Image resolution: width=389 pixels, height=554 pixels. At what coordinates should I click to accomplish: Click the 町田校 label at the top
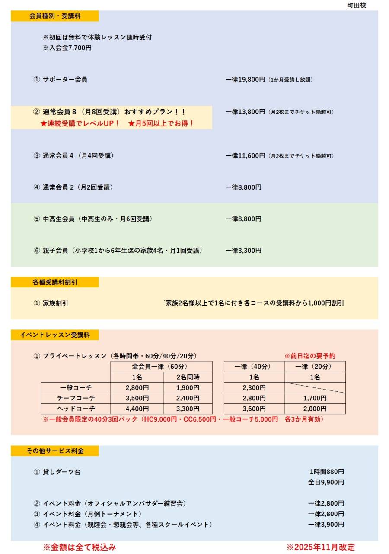pos(357,6)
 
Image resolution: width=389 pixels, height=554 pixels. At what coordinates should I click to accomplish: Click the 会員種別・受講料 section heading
pos(55,16)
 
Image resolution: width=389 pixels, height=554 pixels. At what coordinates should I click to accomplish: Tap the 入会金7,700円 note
pos(67,48)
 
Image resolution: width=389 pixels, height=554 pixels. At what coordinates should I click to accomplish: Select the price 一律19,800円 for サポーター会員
pos(245,80)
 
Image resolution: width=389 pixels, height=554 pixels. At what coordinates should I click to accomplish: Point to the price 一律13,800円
pos(245,112)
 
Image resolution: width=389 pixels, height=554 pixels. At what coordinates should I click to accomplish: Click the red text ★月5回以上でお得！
pos(161,124)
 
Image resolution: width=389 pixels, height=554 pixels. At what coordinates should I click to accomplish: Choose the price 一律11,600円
pos(245,156)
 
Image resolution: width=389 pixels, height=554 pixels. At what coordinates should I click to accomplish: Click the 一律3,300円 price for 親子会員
pos(243,251)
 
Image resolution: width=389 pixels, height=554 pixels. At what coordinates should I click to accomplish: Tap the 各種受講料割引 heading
pos(55,282)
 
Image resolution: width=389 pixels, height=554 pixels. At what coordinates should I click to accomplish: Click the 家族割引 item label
pos(55,303)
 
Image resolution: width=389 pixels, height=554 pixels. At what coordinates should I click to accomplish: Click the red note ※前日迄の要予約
pos(309,356)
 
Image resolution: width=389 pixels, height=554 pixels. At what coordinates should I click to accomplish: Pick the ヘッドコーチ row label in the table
pos(76,409)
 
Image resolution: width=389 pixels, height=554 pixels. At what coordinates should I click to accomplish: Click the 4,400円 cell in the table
pos(137,409)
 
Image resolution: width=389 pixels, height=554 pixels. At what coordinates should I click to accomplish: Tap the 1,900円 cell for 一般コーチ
pos(188,388)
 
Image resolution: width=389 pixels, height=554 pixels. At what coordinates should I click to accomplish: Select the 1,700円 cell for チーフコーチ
pos(315,398)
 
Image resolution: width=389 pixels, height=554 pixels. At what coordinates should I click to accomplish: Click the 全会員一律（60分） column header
pos(161,367)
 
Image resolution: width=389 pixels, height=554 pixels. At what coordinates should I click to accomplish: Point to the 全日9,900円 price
pos(326,482)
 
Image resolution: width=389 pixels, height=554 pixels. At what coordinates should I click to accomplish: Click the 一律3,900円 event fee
pos(326,525)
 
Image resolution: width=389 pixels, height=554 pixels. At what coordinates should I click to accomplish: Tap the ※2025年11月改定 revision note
pos(320,547)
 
